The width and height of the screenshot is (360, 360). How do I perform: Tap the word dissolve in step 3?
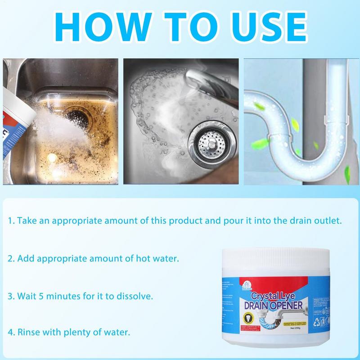tap(130, 297)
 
